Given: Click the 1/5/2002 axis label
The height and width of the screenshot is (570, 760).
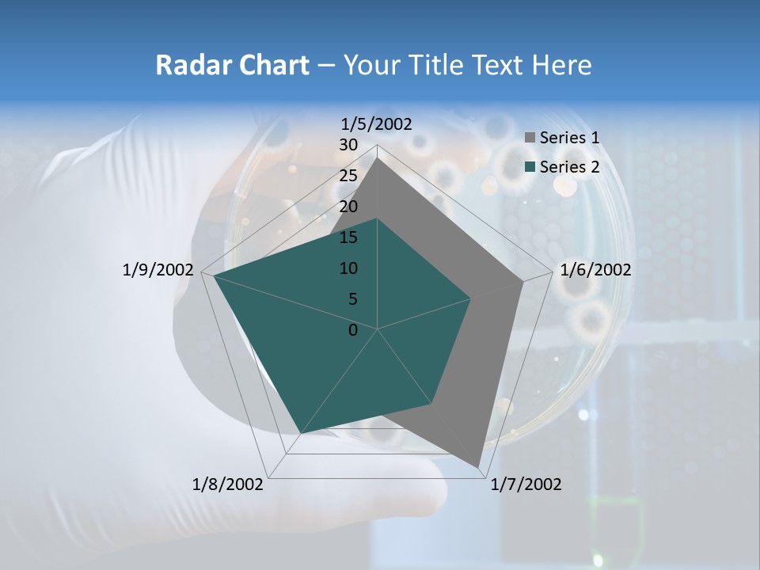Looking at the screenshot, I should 377,123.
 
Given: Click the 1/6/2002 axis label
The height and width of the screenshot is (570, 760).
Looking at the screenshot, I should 595,270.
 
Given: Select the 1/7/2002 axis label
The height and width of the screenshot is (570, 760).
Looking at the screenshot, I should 526,484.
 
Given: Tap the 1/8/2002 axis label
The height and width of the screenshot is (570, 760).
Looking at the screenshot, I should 228,484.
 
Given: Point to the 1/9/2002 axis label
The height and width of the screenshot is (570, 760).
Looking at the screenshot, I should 158,270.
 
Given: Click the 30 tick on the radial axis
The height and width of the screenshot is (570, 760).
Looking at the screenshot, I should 348,145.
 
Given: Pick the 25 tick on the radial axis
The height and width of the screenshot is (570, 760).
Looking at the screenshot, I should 348,176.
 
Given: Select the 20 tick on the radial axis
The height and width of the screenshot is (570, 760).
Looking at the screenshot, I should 348,207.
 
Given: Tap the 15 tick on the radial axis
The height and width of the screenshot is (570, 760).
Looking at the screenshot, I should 348,237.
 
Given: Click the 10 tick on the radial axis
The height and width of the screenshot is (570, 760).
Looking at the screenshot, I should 348,268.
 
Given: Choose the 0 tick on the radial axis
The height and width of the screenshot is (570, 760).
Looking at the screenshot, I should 353,330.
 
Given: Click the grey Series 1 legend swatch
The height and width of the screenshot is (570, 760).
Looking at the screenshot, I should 530,138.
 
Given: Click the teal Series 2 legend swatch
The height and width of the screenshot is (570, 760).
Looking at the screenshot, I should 530,167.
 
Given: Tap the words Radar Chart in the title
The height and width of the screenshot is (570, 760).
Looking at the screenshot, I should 232,65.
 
